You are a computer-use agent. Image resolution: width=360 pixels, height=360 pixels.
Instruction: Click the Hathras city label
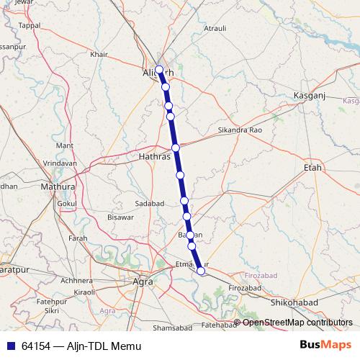pos(154,155)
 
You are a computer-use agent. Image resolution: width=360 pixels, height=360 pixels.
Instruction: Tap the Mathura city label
pos(58,186)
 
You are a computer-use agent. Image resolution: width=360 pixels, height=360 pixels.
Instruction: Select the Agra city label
pos(143,282)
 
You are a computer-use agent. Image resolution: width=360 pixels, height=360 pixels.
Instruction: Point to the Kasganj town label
pos(310,96)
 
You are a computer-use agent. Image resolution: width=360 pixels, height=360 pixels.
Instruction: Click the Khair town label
pos(99,54)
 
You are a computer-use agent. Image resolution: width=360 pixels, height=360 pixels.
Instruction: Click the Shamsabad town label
pos(173,328)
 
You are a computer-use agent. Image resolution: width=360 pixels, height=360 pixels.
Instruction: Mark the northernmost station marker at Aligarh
pos(159,71)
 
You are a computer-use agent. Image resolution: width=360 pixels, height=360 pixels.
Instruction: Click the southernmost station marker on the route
pos(201,271)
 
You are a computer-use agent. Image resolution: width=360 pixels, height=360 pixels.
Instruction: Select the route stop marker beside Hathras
pos(175,148)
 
